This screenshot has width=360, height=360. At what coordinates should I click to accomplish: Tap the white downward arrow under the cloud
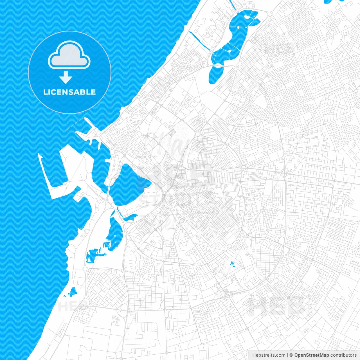pos(66,77)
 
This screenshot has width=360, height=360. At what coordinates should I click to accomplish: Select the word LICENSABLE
pos(69,92)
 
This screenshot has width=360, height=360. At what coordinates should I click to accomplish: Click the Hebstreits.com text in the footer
pos(269,355)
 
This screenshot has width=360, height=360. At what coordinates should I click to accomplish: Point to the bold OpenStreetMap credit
pos(312,355)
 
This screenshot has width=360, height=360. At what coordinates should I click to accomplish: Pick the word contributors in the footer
pos(343,355)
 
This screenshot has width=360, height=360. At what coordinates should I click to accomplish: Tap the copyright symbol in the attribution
pos(291,355)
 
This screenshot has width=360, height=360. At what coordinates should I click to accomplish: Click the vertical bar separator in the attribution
pos(287,355)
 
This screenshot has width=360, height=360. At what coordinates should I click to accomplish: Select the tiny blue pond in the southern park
pos(232,264)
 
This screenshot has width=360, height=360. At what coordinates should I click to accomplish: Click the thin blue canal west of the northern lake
pos(200,41)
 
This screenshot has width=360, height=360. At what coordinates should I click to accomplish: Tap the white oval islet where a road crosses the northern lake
pos(218,66)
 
